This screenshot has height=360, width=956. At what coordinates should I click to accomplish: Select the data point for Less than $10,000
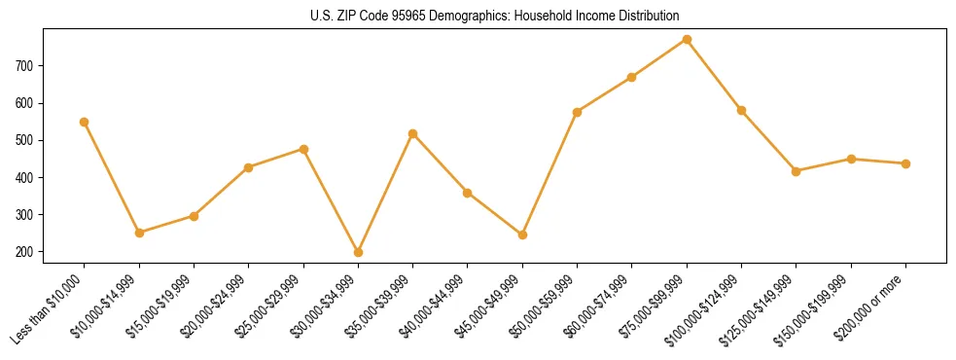(x=85, y=122)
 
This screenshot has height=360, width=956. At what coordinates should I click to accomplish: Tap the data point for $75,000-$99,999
(x=687, y=39)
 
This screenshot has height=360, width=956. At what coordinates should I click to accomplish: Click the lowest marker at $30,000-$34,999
(x=358, y=252)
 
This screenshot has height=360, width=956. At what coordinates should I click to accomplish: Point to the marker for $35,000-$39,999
(x=413, y=133)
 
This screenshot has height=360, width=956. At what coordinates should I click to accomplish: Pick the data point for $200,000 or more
(x=905, y=163)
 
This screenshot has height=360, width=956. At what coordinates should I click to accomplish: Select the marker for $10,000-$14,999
(x=139, y=233)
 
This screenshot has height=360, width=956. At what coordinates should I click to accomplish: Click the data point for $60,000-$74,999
(x=632, y=77)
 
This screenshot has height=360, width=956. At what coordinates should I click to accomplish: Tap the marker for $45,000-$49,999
(x=522, y=234)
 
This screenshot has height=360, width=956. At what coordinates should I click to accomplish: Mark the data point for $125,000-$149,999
(x=797, y=171)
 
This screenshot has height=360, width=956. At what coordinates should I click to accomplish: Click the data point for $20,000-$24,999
(x=249, y=167)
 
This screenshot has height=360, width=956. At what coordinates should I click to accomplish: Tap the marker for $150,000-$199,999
(x=851, y=159)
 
